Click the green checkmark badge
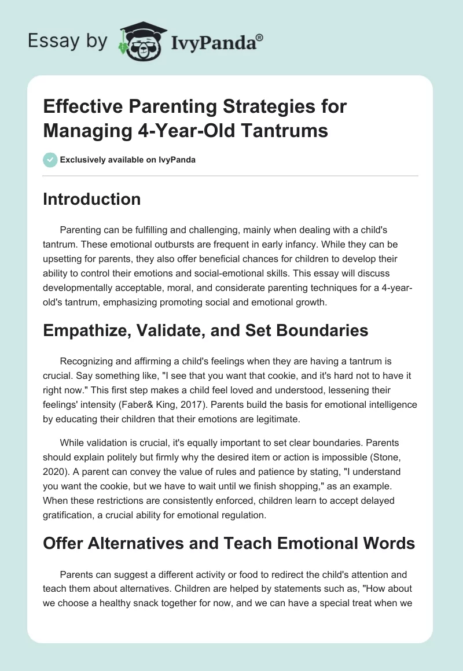coord(50,160)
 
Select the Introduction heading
coord(92,199)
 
